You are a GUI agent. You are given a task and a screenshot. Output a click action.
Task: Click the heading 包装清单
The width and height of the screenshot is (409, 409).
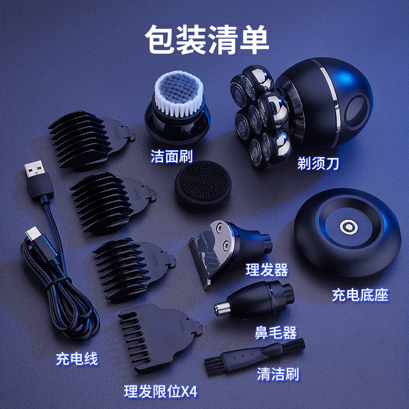click(x=207, y=39)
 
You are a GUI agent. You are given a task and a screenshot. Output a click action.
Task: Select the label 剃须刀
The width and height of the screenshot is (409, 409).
click(x=319, y=164)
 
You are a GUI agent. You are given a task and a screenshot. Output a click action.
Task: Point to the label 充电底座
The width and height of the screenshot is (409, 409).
click(x=360, y=295)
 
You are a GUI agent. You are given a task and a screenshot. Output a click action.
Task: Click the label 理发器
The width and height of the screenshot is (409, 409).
click(x=266, y=269)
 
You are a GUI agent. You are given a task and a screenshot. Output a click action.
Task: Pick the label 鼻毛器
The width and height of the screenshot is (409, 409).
click(x=276, y=333)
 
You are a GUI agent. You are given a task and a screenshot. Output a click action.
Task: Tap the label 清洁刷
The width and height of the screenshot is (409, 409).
click(x=278, y=374)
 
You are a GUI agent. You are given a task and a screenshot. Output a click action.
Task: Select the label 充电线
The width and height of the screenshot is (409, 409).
click(x=77, y=359)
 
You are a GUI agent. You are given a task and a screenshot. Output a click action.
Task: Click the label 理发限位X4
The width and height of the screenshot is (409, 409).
click(x=161, y=392)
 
